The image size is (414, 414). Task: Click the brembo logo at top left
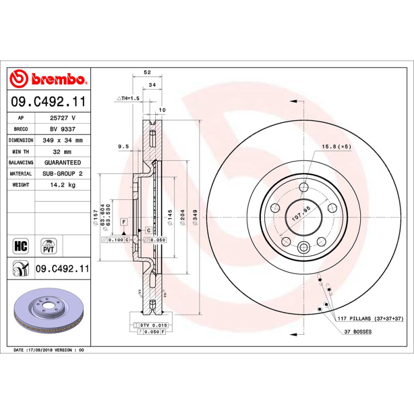(x=48, y=79)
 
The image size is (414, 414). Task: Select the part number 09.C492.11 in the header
(x=48, y=102)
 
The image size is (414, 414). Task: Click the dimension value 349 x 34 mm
(x=62, y=140)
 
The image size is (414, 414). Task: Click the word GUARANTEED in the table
(x=62, y=162)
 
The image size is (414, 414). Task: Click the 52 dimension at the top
(x=147, y=73)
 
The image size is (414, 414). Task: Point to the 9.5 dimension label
(x=123, y=146)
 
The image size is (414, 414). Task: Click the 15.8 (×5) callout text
(x=336, y=146)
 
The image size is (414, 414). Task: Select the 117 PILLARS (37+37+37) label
(x=370, y=318)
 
